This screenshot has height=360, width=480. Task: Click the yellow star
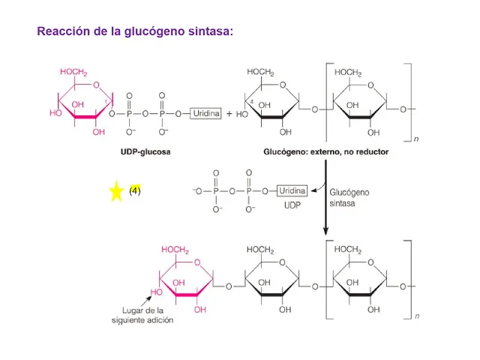pyautogui.click(x=115, y=191)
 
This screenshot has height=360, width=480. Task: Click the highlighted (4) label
pyautogui.click(x=135, y=190)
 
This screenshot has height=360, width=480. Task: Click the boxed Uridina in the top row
pyautogui.click(x=205, y=113)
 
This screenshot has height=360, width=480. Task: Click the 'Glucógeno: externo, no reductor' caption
pyautogui.click(x=325, y=151)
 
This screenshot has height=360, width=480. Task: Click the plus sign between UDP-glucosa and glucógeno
pyautogui.click(x=229, y=114)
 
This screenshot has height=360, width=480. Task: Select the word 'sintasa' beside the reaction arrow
pyautogui.click(x=342, y=203)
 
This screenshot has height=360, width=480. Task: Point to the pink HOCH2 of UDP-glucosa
pyautogui.click(x=73, y=73)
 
